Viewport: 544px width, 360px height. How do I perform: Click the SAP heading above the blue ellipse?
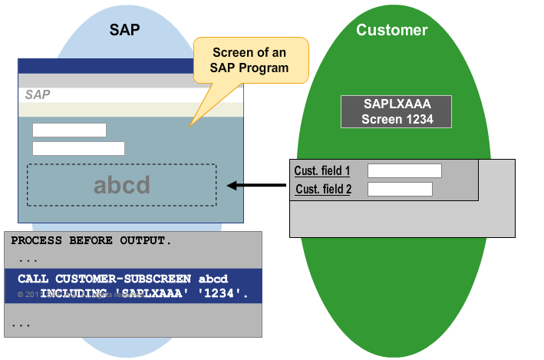point(124,30)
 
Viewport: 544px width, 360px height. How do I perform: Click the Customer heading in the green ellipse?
point(391,30)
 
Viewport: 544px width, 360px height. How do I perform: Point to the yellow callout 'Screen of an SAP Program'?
point(250,60)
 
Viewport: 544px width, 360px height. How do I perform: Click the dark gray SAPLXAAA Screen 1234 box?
point(397,111)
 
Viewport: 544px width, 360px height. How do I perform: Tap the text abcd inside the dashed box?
point(121,185)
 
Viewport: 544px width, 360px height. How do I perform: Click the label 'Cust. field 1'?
point(321,170)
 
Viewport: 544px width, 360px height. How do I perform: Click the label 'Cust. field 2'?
point(322,189)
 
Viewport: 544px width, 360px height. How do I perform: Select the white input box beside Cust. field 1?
point(404,170)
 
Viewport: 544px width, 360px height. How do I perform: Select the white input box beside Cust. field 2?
point(400,189)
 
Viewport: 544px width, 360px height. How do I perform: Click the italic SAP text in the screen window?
point(38,94)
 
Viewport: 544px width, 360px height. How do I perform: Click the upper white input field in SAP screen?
point(69,130)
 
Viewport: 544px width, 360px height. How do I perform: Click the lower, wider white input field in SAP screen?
point(78,148)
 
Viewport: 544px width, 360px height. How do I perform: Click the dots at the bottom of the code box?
point(21,325)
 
